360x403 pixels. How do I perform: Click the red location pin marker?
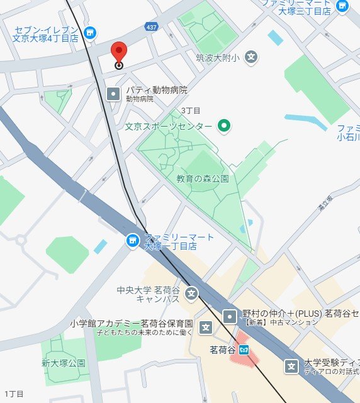pyautogui.click(x=118, y=52)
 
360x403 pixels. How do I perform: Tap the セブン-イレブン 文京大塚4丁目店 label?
pyautogui.click(x=46, y=34)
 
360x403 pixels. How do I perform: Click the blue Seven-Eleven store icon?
pyautogui.click(x=90, y=31)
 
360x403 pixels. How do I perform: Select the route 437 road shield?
pyautogui.click(x=151, y=27)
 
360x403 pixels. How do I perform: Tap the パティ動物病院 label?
pyautogui.click(x=156, y=90)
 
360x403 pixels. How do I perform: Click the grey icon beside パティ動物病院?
pyautogui.click(x=113, y=94)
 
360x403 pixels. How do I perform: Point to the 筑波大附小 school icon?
pyautogui.click(x=251, y=57)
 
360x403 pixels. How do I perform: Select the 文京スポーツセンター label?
pyautogui.click(x=168, y=127)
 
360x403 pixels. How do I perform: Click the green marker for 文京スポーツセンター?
pyautogui.click(x=223, y=126)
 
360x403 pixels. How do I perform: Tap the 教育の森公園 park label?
pyautogui.click(x=202, y=179)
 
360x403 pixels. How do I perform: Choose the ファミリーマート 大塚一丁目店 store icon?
pyautogui.click(x=132, y=240)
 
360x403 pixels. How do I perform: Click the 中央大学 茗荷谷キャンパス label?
pyautogui.click(x=149, y=295)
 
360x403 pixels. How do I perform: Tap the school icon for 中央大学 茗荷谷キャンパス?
pyautogui.click(x=191, y=293)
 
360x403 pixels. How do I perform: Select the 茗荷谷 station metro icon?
pyautogui.click(x=244, y=349)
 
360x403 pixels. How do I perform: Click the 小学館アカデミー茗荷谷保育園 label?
pyautogui.click(x=131, y=324)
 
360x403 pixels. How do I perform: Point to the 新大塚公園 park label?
pyautogui.click(x=64, y=363)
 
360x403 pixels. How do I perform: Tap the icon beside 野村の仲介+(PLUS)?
pyautogui.click(x=231, y=315)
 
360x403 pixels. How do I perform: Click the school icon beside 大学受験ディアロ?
pyautogui.click(x=291, y=366)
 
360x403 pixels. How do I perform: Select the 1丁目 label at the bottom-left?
pyautogui.click(x=14, y=394)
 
